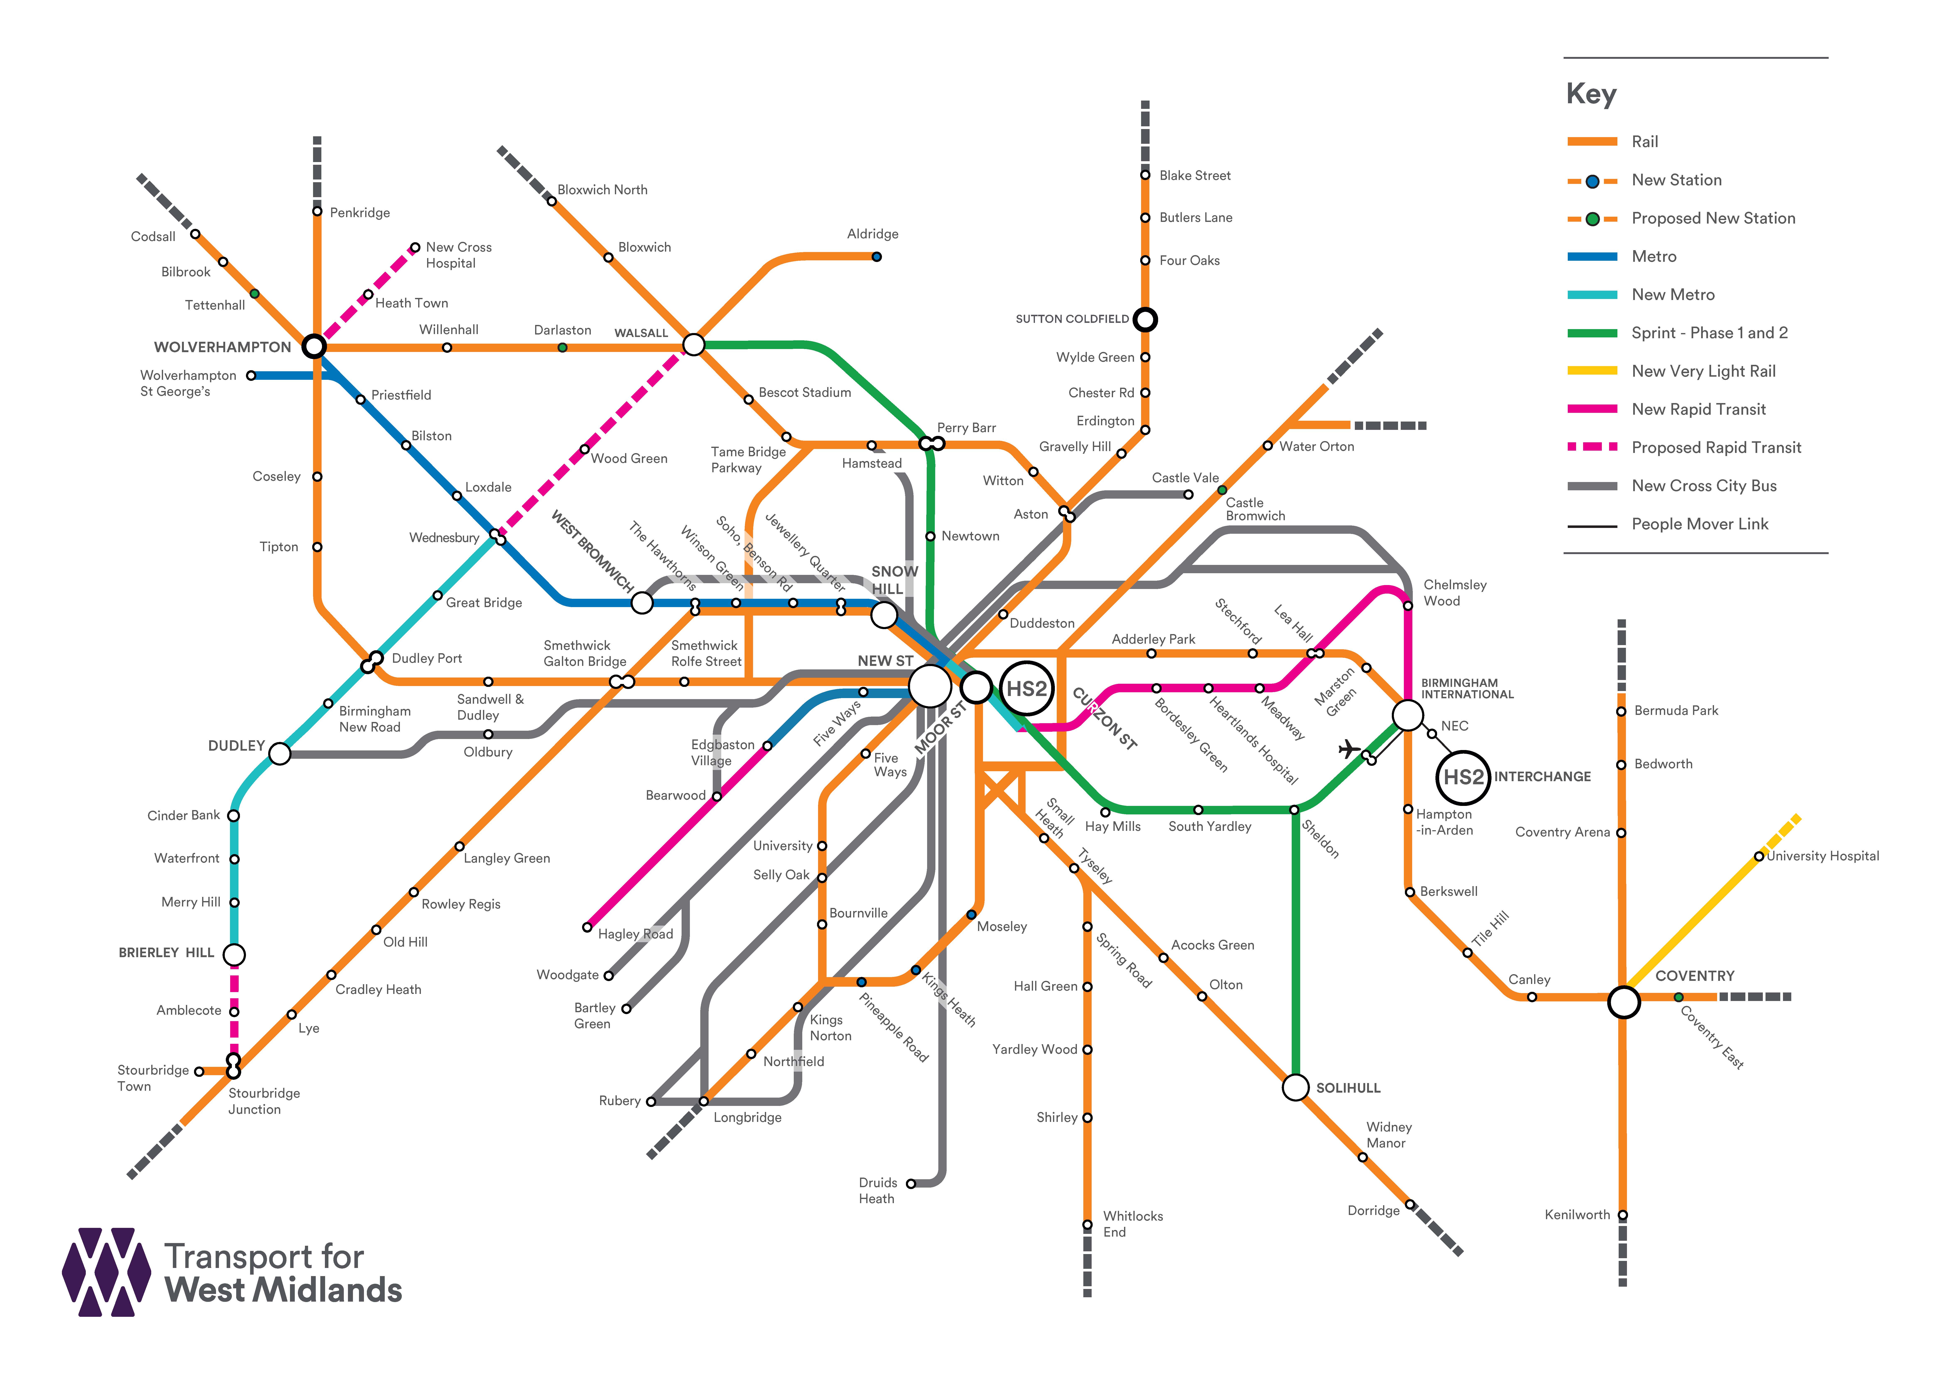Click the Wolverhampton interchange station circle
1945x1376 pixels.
click(314, 346)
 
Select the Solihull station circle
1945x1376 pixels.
click(1295, 1087)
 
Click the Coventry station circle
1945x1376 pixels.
click(1623, 1002)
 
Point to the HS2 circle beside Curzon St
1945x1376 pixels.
click(1027, 688)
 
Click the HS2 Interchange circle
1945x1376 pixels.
click(1463, 777)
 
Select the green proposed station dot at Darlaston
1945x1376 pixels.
click(563, 347)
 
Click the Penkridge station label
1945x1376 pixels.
click(360, 213)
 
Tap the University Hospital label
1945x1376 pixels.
click(1822, 856)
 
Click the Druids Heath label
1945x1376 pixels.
click(878, 1190)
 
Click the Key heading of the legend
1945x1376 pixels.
click(1591, 93)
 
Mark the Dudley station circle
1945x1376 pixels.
click(280, 753)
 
